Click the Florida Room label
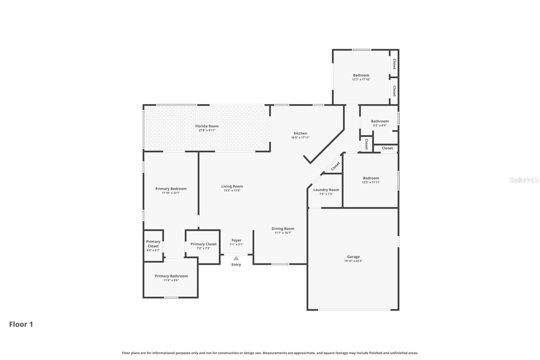pyautogui.click(x=207, y=126)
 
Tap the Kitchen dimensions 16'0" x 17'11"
pyautogui.click(x=300, y=137)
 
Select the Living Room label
pyautogui.click(x=232, y=186)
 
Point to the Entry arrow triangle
pyautogui.click(x=236, y=258)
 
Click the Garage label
pyautogui.click(x=353, y=257)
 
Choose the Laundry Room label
pyautogui.click(x=326, y=190)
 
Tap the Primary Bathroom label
pyautogui.click(x=171, y=276)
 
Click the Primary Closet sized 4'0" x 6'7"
pyautogui.click(x=153, y=244)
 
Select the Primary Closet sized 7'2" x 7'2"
pyautogui.click(x=204, y=244)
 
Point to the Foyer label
pyautogui.click(x=236, y=240)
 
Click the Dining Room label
pyautogui.click(x=283, y=229)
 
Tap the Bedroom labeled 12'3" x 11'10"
pyautogui.click(x=361, y=75)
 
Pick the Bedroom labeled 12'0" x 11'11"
pyautogui.click(x=371, y=178)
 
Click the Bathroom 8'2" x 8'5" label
pyautogui.click(x=380, y=121)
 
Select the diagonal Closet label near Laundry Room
pyautogui.click(x=335, y=166)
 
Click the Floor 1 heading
pyautogui.click(x=21, y=324)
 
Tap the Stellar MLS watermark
pyautogui.click(x=524, y=180)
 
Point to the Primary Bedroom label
pyautogui.click(x=171, y=189)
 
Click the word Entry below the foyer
pyautogui.click(x=236, y=264)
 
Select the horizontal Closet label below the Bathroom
pyautogui.click(x=387, y=148)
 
